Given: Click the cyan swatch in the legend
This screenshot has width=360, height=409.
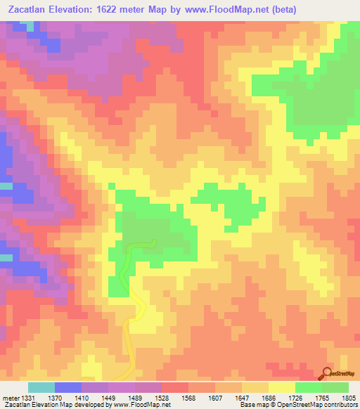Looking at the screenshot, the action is point(41,387).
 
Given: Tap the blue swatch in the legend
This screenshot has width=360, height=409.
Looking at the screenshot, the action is point(68,387).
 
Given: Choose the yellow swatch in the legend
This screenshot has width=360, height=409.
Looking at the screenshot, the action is point(282,387).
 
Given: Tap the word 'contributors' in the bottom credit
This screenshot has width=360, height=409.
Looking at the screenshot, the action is point(339,405).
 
